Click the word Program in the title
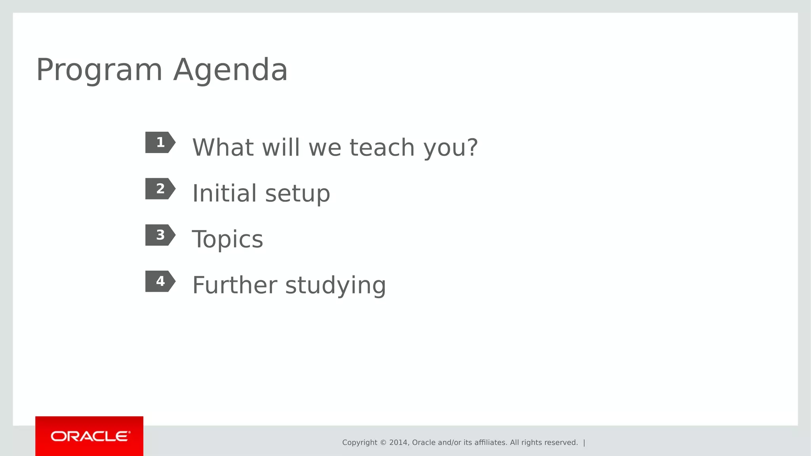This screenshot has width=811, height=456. pyautogui.click(x=99, y=70)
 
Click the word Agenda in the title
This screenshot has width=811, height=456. pyautogui.click(x=230, y=70)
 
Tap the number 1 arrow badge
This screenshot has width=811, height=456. pyautogui.click(x=160, y=142)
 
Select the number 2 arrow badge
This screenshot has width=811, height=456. pyautogui.click(x=160, y=189)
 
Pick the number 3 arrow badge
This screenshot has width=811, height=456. pyautogui.click(x=160, y=235)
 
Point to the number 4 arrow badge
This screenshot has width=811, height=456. pyautogui.click(x=160, y=281)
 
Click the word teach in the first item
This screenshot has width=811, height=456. pyautogui.click(x=382, y=147)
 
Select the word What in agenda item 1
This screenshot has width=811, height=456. pyautogui.click(x=223, y=147)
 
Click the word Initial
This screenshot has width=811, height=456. pyautogui.click(x=225, y=193)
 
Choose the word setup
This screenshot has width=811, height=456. pyautogui.click(x=297, y=194)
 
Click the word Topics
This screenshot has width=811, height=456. pyautogui.click(x=227, y=239)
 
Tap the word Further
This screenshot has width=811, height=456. pyautogui.click(x=235, y=285)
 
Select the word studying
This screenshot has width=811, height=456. pyautogui.click(x=335, y=286)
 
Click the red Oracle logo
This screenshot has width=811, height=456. pyautogui.click(x=89, y=436)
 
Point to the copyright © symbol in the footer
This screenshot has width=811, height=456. pyautogui.click(x=383, y=443)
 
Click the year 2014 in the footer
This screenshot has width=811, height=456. pyautogui.click(x=398, y=443)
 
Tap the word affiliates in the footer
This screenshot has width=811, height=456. pyautogui.click(x=491, y=443)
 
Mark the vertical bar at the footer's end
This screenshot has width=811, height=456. pyautogui.click(x=584, y=443)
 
